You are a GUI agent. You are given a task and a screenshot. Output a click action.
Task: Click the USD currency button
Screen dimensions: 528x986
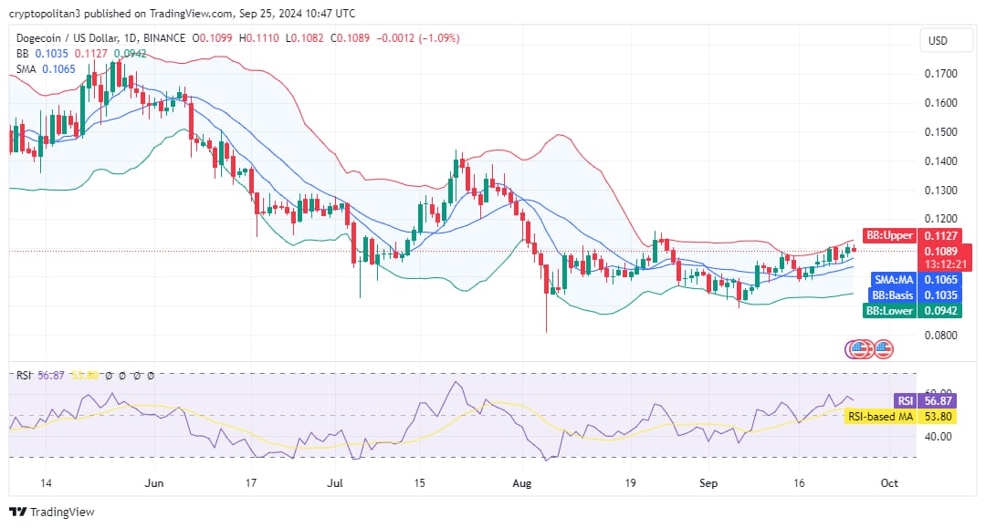938,41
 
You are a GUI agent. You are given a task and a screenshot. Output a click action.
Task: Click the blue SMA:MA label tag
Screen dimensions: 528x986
894,280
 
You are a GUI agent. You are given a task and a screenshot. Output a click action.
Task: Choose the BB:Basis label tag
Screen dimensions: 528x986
892,295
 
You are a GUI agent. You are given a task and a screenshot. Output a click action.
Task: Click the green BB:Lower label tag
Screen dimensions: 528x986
889,311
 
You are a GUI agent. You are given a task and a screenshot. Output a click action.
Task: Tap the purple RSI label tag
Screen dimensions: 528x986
904,400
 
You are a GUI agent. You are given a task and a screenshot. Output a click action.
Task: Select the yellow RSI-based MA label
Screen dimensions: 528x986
880,417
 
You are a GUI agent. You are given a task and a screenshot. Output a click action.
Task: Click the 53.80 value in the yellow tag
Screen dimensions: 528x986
939,417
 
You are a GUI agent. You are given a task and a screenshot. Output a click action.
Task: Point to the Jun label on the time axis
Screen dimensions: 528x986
153,483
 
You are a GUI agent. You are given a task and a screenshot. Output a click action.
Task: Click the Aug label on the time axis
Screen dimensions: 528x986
521,483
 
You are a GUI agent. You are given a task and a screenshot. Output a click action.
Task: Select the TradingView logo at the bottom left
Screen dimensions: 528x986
52,512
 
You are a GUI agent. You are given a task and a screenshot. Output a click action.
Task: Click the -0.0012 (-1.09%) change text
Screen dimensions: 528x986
417,38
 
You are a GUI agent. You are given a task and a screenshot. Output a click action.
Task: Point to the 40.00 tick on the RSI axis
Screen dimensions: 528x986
939,436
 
